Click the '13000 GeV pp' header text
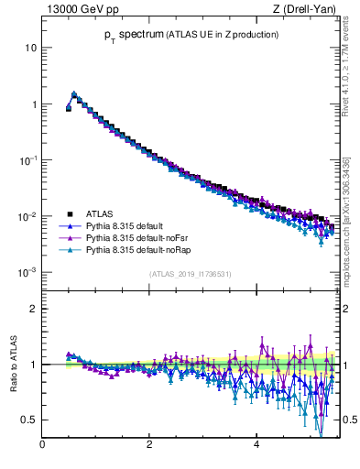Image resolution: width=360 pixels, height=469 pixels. pos(78,9)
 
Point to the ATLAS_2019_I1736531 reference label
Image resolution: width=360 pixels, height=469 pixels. pos(190,274)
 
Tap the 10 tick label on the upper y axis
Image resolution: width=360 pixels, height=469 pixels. pos(30,48)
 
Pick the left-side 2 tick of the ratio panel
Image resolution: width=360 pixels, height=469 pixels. pos(33,309)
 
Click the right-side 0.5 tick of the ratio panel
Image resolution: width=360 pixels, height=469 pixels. pos(349,420)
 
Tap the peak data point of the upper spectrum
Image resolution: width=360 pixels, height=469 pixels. pos(74,93)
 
